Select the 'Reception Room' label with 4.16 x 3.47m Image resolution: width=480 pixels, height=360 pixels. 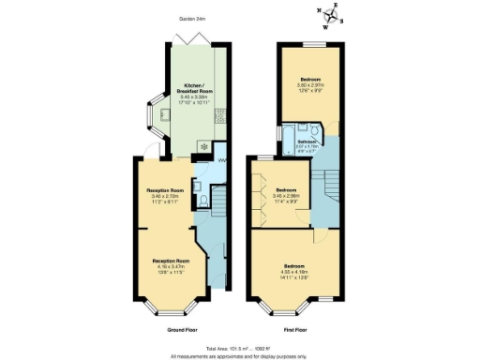(172, 260)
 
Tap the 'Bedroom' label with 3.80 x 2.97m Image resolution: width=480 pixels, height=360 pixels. (311, 79)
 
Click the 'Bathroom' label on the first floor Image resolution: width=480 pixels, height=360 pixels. (307, 142)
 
